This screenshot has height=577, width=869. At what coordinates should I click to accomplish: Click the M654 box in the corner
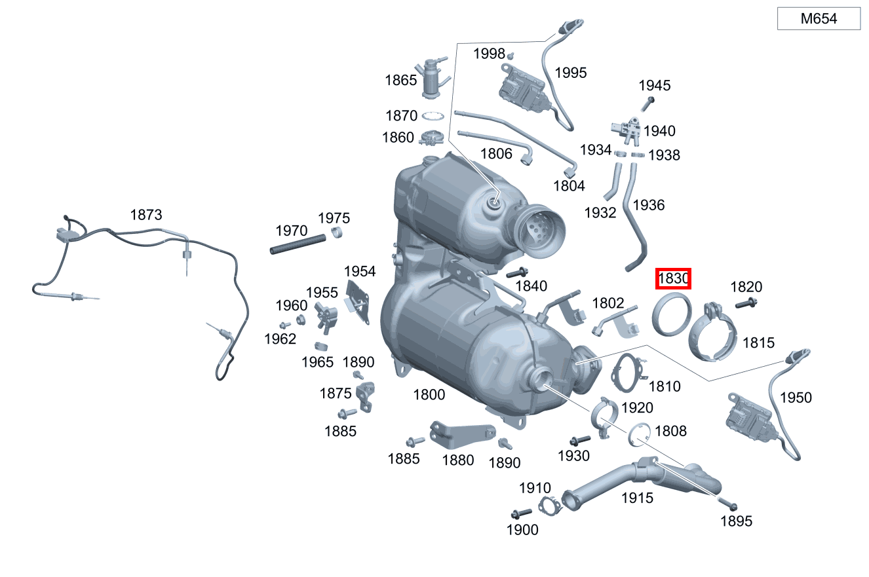(819, 18)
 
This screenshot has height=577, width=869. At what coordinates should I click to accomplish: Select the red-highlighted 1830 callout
(673, 278)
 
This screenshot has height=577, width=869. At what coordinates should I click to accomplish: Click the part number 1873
(146, 214)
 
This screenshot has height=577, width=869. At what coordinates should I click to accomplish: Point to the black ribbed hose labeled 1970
(298, 244)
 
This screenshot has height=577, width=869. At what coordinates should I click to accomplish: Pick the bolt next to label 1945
(647, 104)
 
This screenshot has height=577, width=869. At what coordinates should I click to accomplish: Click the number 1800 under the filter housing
(429, 395)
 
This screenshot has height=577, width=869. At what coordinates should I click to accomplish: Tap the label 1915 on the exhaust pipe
(638, 498)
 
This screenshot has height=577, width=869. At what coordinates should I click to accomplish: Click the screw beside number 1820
(746, 303)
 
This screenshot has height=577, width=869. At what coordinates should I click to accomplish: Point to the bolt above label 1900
(522, 513)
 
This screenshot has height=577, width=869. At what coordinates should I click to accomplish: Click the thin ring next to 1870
(433, 116)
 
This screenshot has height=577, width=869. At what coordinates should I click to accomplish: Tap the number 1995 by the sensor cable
(571, 73)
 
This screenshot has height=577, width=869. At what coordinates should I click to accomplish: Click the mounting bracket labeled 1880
(461, 434)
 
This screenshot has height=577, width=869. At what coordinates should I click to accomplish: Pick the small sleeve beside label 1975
(337, 233)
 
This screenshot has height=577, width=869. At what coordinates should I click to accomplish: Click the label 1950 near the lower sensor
(796, 398)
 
